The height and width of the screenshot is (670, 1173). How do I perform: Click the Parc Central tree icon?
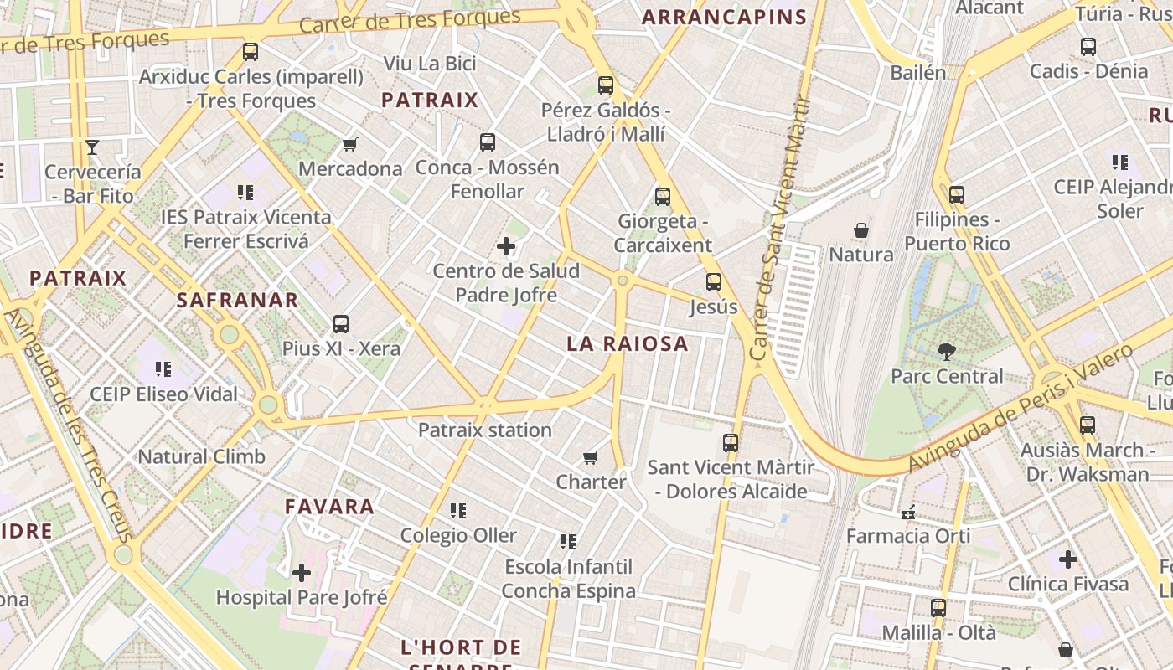coord(947,350)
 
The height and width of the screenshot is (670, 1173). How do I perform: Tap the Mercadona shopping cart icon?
coord(350,144)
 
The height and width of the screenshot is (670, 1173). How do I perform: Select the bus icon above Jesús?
coord(713,281)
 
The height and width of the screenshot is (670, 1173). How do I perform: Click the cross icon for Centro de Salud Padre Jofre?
coord(506,246)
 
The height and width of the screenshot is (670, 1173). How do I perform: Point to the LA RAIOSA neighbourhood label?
coord(628,343)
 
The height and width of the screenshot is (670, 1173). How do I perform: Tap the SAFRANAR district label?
coord(237,301)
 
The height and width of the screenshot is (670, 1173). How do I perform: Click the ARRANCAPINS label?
coord(724,17)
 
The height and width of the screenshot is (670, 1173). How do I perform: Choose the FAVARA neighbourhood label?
coord(329,507)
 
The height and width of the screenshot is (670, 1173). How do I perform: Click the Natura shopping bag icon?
coord(860,229)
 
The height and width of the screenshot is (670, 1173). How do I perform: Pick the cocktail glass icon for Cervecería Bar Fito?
coord(92,147)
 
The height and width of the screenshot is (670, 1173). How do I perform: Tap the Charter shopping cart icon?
coord(591,457)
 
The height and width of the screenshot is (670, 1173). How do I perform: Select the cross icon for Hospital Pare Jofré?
coord(302,573)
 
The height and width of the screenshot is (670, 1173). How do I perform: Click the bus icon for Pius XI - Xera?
coord(341,323)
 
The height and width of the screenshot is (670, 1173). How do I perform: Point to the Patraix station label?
coord(485,430)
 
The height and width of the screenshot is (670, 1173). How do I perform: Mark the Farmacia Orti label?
coord(908,536)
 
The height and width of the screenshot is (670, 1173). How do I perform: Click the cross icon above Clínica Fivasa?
coord(1067,559)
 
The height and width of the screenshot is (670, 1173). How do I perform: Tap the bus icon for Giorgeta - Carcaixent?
coord(663,197)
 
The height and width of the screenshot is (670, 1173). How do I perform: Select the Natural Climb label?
coord(201,457)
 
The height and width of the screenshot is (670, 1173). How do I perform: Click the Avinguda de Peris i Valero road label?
coord(1021,408)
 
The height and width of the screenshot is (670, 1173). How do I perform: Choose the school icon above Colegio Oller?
coord(457,510)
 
